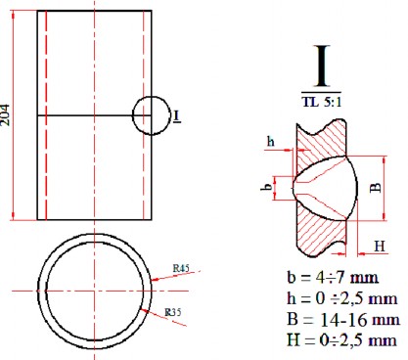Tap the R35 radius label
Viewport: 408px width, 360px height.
coord(177,312)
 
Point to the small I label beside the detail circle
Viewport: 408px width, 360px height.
coord(176,116)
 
